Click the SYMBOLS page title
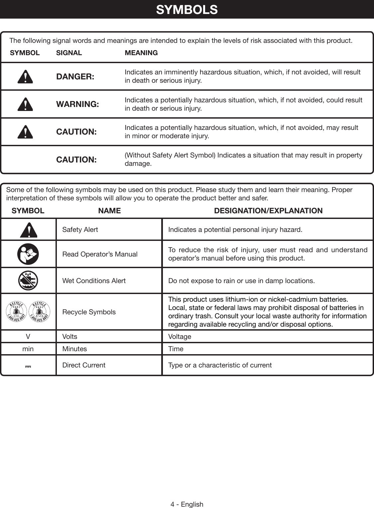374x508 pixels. pos(187,10)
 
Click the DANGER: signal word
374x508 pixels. pos(75,77)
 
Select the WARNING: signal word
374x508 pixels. pos(77,104)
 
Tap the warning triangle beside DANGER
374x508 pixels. pos(26,77)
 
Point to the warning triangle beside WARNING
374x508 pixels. pos(26,105)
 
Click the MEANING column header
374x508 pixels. pos(141,53)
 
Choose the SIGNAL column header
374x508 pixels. pos(69,53)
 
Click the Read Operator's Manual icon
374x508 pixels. pos(28,254)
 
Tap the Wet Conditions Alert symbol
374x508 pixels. pos(28,281)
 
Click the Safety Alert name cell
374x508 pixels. pos(80,230)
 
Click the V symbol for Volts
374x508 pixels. pos(28,337)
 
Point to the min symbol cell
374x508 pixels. pos(28,349)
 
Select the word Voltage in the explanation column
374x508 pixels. pos(180,337)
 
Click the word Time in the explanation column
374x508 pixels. pos(176,349)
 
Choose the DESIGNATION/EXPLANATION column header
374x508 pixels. pos(268,211)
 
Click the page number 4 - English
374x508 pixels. pos(187,504)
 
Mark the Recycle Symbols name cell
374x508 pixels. pos(89,312)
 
